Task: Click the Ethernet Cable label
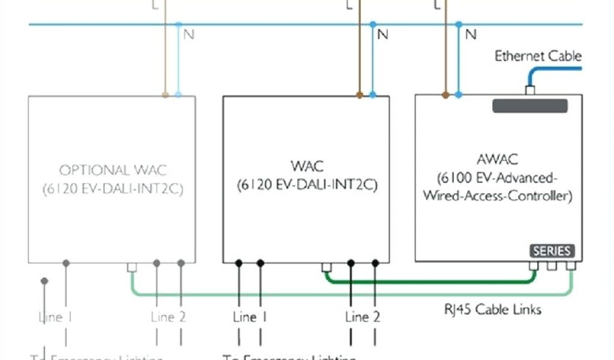click(x=538, y=56)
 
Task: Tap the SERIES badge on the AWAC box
click(x=551, y=251)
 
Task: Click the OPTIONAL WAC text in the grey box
click(x=112, y=170)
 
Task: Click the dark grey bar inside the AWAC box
click(x=529, y=106)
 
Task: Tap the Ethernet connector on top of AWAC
click(x=529, y=91)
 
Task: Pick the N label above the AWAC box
click(x=471, y=35)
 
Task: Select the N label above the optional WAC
click(x=189, y=35)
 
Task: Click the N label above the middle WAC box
click(x=383, y=35)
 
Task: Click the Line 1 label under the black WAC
click(x=250, y=317)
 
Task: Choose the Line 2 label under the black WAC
click(x=363, y=317)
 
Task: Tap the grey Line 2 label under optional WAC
click(x=169, y=317)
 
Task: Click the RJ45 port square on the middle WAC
click(x=327, y=268)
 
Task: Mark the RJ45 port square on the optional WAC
click(x=133, y=268)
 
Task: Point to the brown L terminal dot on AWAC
click(x=445, y=95)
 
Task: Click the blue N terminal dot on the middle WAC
click(x=373, y=95)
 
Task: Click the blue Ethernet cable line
click(x=558, y=69)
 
